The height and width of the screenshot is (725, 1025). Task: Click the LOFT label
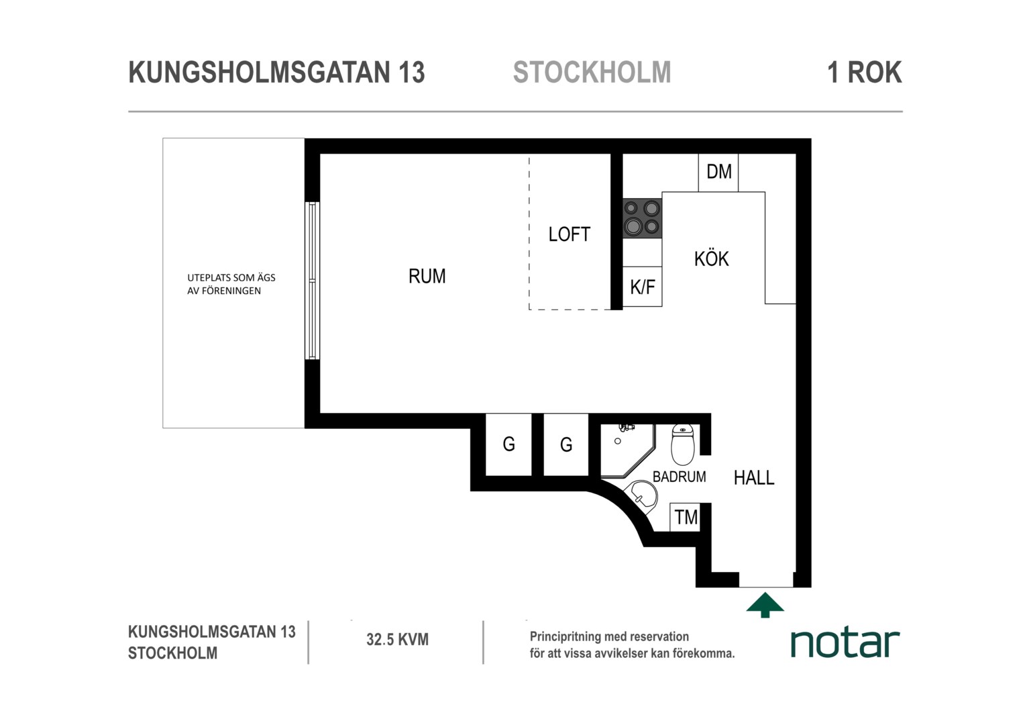pos(570,234)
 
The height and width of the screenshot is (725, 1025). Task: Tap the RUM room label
pos(427,276)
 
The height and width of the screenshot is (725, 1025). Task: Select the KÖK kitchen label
pos(711,258)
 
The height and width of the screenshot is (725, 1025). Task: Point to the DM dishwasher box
pos(718,173)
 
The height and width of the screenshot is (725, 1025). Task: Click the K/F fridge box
pos(643,287)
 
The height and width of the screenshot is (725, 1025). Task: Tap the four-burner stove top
pos(642,218)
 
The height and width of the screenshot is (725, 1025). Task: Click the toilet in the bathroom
pos(683,444)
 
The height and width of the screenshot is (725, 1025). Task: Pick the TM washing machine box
pos(686,518)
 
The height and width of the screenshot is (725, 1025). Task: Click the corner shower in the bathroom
pos(627,450)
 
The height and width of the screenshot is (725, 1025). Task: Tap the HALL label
pos(753,478)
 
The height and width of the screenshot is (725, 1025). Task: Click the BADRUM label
pos(679,477)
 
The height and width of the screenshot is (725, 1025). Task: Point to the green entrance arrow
pos(765,605)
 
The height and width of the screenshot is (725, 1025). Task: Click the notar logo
pos(845,643)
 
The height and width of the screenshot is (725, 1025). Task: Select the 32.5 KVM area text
pos(397,639)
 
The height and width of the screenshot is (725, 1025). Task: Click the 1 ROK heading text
pos(865,72)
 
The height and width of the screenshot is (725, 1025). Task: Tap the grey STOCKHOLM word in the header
pos(592,72)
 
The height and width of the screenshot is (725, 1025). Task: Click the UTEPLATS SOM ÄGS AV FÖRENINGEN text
pos(231,284)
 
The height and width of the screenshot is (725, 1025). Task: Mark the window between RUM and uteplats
pos(312,281)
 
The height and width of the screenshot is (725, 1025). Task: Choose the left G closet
pos(509,444)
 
